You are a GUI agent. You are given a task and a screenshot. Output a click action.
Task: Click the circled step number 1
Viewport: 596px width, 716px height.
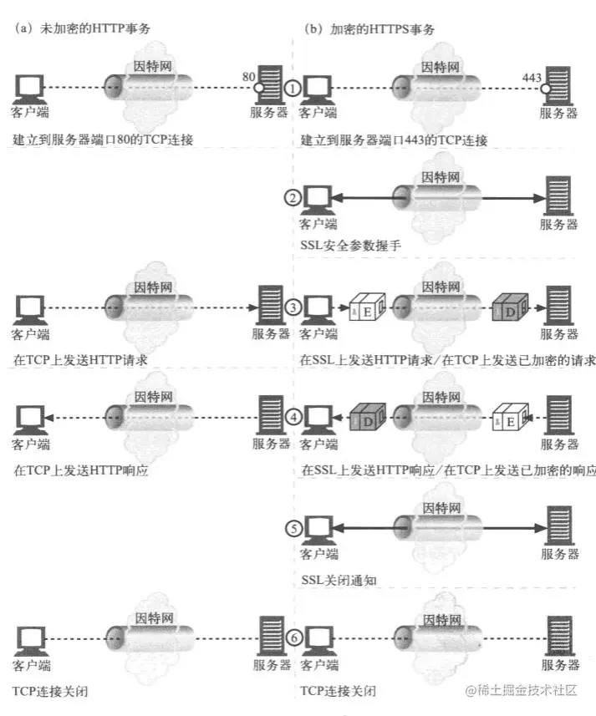tap(292, 87)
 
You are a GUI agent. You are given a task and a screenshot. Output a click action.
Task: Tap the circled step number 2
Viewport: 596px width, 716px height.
tap(292, 198)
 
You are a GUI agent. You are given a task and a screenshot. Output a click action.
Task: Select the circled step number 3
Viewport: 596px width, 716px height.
tap(292, 307)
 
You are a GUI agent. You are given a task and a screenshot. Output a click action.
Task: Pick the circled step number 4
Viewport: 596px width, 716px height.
tap(292, 415)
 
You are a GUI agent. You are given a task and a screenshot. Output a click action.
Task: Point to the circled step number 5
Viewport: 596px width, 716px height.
tap(292, 528)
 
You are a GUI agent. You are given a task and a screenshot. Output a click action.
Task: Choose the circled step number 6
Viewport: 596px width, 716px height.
tap(292, 637)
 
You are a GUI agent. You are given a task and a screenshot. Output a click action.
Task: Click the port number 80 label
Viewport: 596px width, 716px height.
tap(248, 77)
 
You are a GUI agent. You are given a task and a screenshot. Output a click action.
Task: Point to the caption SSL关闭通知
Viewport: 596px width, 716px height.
tap(334, 579)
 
